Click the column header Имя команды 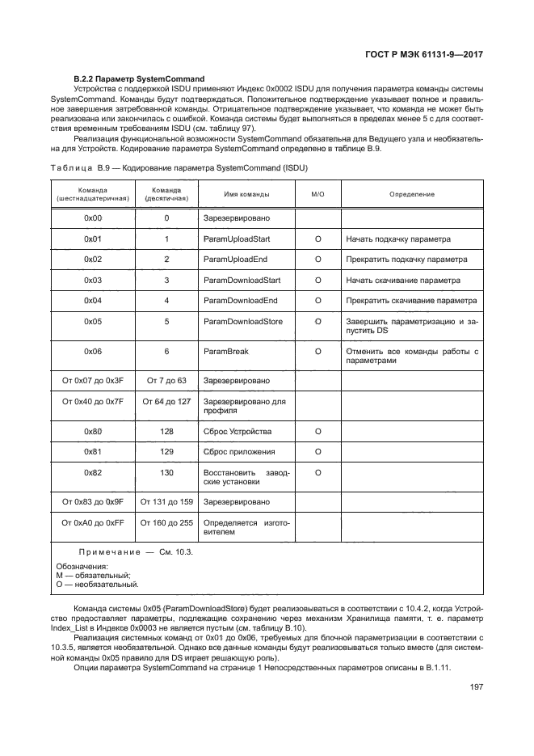pos(246,194)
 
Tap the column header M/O pos(317,194)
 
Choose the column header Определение pos(412,194)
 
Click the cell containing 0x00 pos(93,218)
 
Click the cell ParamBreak pos(225,352)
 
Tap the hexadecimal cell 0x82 pos(93,471)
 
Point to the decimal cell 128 pos(166,431)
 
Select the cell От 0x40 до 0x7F pos(93,400)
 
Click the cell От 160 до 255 pos(166,522)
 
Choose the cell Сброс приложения pos(239,451)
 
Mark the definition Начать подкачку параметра pos(398,239)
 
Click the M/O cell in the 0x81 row pos(317,451)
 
